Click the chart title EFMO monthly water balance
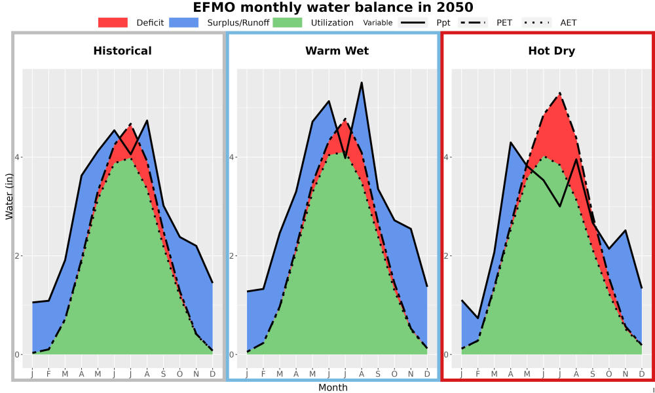333,7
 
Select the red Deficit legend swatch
113,22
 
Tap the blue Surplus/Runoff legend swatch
184,22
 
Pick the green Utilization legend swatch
288,22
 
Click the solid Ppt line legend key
413,22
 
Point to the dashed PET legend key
473,22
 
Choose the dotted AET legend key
536,22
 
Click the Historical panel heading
122,51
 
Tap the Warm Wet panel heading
337,51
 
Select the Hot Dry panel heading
552,51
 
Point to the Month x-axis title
333,388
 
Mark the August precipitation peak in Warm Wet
362,83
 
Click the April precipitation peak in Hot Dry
510,142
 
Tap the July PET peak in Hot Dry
559,93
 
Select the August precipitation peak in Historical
147,121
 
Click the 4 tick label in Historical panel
18,157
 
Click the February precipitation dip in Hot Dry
478,318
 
